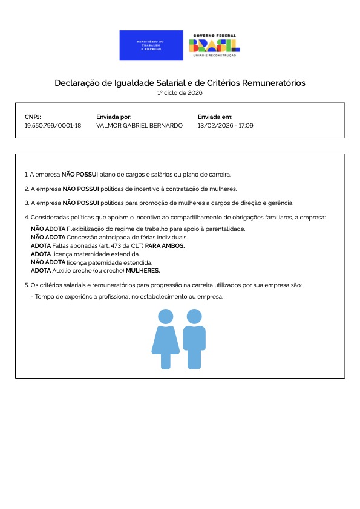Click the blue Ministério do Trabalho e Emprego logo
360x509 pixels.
(x=151, y=45)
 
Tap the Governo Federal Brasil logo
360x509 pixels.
(x=215, y=45)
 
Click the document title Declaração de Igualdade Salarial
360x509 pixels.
(x=180, y=83)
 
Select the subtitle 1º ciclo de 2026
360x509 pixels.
(x=180, y=93)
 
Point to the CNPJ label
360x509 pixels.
(x=33, y=117)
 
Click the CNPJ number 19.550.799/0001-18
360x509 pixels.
(x=53, y=125)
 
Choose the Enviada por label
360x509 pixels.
(x=114, y=117)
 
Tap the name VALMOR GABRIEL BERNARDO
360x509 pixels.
(x=139, y=125)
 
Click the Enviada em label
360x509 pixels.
(x=215, y=117)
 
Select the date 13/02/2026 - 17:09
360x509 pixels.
(x=225, y=125)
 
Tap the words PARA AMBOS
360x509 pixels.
(x=165, y=246)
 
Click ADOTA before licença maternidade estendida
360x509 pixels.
(x=41, y=254)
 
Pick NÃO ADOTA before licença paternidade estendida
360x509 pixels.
(x=48, y=263)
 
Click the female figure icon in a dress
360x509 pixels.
(x=165, y=339)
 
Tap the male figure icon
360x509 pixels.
(x=194, y=339)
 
